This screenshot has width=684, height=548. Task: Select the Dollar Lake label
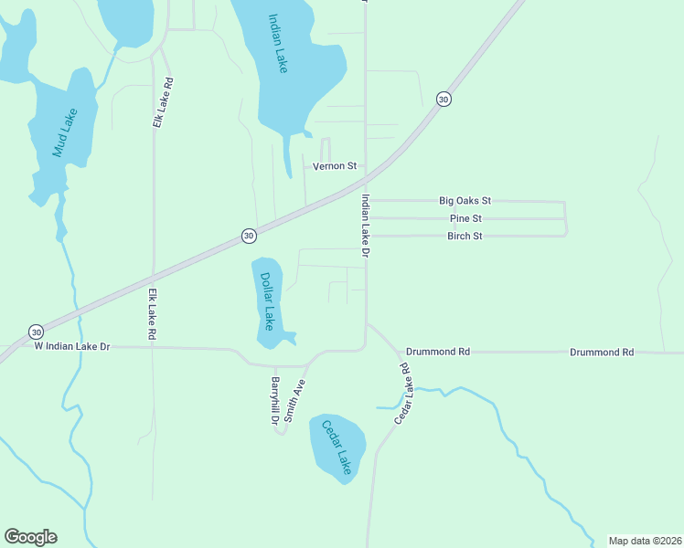coord(267,300)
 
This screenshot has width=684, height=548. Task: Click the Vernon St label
coord(334,166)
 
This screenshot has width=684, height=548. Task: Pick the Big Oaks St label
coord(465,200)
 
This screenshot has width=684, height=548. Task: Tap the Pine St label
coord(465,218)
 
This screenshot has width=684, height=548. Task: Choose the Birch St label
coord(465,236)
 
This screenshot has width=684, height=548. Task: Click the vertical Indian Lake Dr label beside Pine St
coord(365,224)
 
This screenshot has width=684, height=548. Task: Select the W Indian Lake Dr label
coord(71,346)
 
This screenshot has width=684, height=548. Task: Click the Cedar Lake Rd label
coord(402,394)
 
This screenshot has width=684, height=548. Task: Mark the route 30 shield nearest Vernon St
coord(443,99)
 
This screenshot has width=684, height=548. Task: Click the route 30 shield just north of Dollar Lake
coord(248,236)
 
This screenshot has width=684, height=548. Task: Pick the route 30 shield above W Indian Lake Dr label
coord(35,331)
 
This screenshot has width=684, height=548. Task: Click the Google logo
coord(30,537)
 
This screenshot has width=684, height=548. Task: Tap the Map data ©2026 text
coord(645,541)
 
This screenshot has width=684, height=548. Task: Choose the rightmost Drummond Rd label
coord(602,352)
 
